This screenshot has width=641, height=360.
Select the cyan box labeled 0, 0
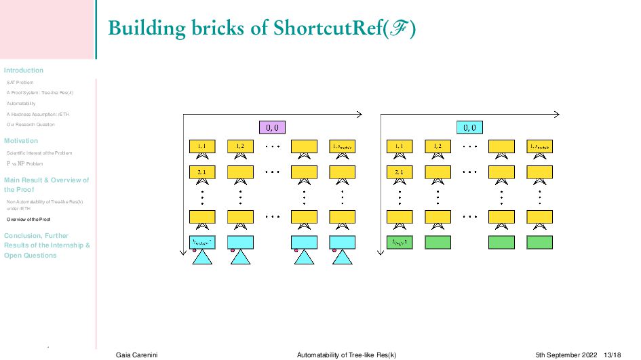click(469, 127)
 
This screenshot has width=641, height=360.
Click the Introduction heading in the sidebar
click(24, 71)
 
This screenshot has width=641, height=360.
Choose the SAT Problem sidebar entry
click(20, 83)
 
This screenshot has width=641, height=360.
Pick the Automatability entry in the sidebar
click(21, 104)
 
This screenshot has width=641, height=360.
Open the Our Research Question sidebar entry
click(31, 125)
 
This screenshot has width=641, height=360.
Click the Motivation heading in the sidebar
click(21, 141)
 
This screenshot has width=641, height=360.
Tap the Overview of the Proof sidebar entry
click(28, 220)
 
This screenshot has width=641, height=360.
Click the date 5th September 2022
click(566, 355)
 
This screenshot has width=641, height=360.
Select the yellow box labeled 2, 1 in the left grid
click(202, 172)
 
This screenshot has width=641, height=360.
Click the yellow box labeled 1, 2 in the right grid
click(438, 146)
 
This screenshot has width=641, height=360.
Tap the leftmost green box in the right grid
click(399, 241)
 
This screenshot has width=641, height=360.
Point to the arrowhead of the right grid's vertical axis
click(381, 254)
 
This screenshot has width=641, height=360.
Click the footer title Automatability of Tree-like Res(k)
click(347, 355)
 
